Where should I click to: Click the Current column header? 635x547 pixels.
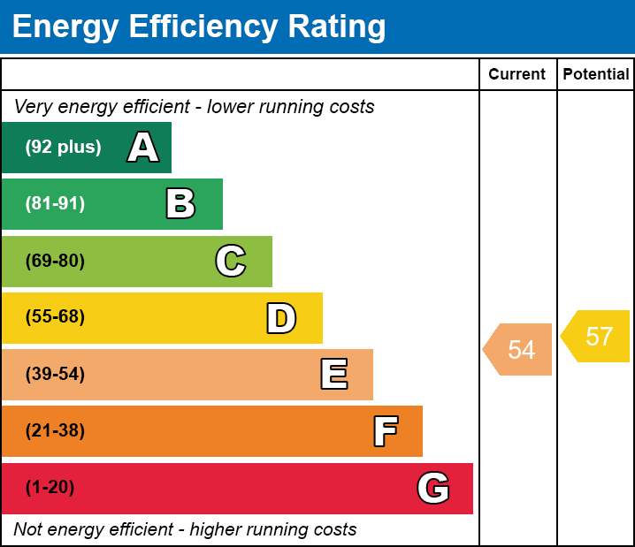click(x=516, y=74)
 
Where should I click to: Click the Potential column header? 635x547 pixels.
click(x=596, y=74)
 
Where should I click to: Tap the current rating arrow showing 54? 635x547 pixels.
click(x=517, y=350)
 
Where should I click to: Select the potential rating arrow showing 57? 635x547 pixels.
click(x=595, y=336)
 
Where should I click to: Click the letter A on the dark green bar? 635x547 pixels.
click(x=143, y=147)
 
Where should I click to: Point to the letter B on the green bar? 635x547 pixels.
click(x=180, y=203)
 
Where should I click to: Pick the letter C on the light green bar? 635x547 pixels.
click(x=231, y=261)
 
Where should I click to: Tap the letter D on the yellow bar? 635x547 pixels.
click(x=281, y=318)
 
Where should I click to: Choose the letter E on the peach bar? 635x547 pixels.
click(x=334, y=374)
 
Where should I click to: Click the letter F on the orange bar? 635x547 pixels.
click(x=386, y=431)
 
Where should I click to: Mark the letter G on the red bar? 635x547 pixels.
click(x=433, y=488)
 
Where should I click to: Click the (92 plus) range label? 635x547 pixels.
click(x=63, y=147)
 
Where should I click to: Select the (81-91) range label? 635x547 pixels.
click(x=55, y=203)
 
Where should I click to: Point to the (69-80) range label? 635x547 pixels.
click(x=55, y=261)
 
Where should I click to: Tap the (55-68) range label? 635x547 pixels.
click(x=55, y=316)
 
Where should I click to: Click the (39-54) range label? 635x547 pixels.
click(x=55, y=375)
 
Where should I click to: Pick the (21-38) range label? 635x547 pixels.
click(x=55, y=431)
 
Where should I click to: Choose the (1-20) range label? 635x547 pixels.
click(x=50, y=488)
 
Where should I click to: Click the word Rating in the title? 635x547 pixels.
click(x=337, y=27)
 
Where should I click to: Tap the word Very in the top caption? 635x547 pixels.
click(x=34, y=107)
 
